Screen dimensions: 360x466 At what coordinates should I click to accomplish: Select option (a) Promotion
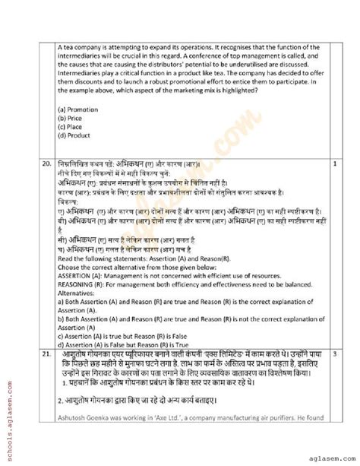(78, 109)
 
